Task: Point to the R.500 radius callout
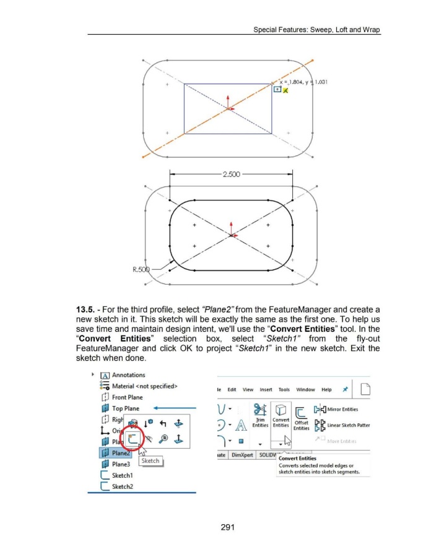(141, 269)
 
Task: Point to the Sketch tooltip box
(150, 460)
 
